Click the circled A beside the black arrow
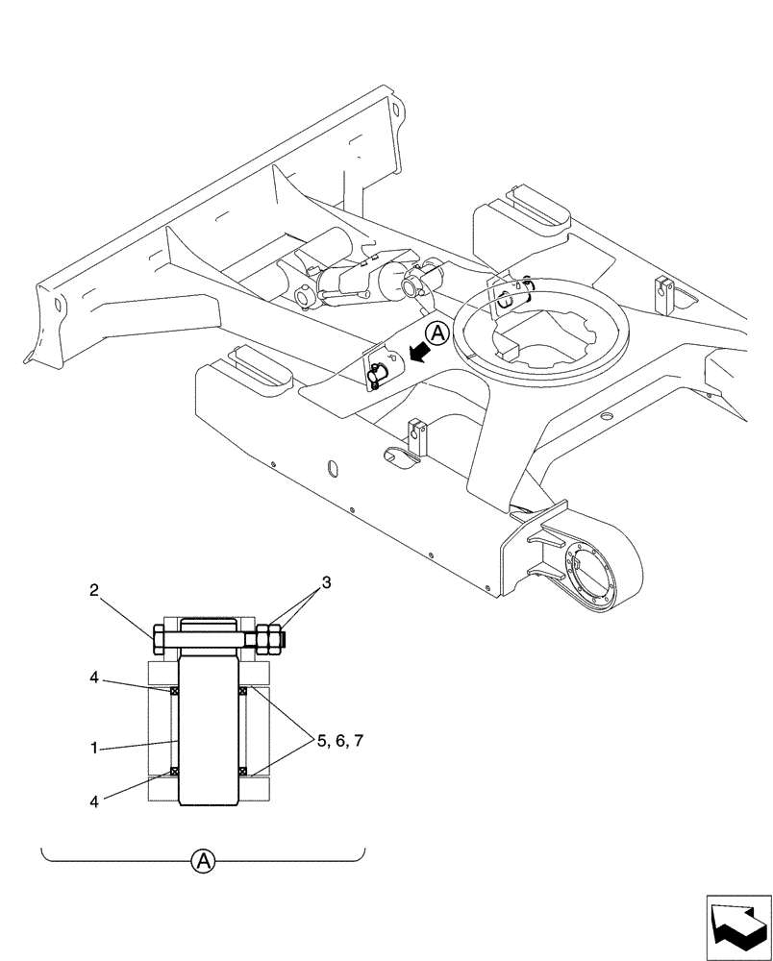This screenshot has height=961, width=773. (x=437, y=333)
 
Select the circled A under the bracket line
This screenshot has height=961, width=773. (x=203, y=862)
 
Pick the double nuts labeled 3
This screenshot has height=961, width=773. (x=268, y=637)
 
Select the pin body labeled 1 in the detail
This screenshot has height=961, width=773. (x=208, y=730)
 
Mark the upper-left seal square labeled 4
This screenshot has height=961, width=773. (x=175, y=691)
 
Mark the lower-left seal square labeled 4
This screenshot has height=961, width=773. (x=175, y=770)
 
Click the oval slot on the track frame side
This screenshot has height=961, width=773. (x=333, y=468)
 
